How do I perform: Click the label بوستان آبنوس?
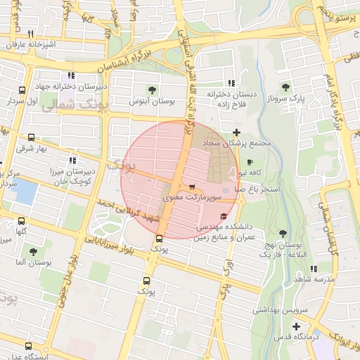pyautogui.click(x=151, y=102)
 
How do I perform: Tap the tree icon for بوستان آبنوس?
pyautogui.click(x=151, y=89)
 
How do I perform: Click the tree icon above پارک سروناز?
pyautogui.click(x=285, y=88)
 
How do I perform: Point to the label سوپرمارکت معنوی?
pyautogui.click(x=192, y=199)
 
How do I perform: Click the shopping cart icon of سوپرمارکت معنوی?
pyautogui.click(x=192, y=186)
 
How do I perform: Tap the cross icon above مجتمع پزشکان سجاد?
pyautogui.click(x=236, y=132)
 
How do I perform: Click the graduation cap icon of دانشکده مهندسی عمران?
pyautogui.click(x=224, y=216)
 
